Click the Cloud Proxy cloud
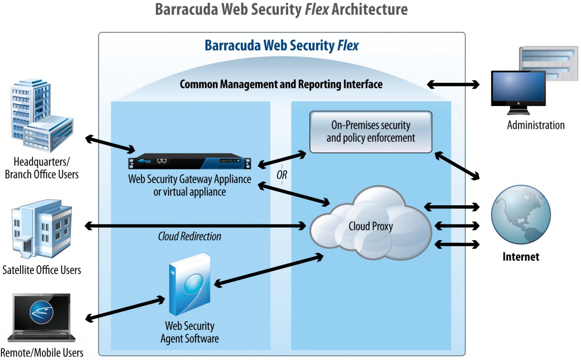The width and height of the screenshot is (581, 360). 371,225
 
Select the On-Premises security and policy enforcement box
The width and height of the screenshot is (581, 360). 371,132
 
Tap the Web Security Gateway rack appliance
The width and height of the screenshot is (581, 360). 190,161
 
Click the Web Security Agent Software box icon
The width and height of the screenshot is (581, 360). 190,285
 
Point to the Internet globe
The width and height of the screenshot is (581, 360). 521,215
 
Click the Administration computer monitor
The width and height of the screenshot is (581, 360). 518,92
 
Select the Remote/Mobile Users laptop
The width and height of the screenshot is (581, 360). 42,317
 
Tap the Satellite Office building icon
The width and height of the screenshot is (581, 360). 42,229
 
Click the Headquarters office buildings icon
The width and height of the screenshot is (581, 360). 42,115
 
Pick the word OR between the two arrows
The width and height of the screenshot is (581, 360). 282,175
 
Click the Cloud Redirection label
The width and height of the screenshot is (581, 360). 190,237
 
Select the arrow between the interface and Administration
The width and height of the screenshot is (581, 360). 453,85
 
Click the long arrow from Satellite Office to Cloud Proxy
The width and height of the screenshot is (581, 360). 195,226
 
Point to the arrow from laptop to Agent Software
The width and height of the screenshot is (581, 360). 125,309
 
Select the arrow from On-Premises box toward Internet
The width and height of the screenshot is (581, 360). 457,166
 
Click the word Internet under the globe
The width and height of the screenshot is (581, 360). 521,256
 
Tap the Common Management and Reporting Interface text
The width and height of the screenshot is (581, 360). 281,84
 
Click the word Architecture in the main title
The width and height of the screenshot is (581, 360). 369,9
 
